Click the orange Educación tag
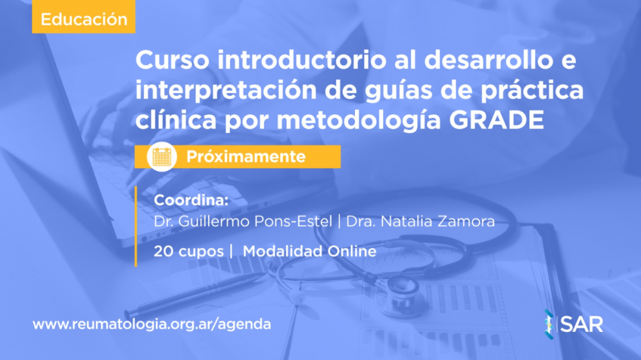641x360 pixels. pos(83,17)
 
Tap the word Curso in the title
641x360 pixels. pos(173,60)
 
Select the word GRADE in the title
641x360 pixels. pos(496,120)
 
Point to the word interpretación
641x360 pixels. pos(225,91)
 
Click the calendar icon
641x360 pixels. pos(162,157)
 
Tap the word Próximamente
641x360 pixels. pos(246,157)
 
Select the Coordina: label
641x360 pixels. pos(191,200)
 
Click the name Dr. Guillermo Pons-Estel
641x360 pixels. pos(243,221)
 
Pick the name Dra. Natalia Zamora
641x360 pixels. pos(420,221)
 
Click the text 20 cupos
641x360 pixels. pos(188,251)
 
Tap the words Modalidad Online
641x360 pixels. pos(309,251)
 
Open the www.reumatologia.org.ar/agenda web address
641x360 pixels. pos(152,325)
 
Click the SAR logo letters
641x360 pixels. pos(581,325)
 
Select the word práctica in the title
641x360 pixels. pos(532,91)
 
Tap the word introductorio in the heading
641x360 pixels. pos(302,60)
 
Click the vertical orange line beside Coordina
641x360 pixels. pos(136,227)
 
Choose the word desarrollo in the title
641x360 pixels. pos(485,60)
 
